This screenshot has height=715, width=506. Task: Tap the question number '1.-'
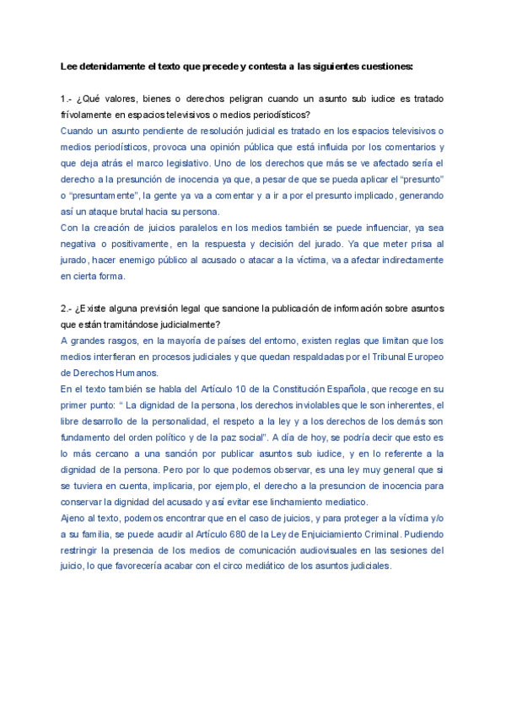click(67, 99)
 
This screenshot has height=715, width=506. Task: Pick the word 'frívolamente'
click(88, 115)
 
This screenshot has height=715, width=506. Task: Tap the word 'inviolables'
click(279, 405)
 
